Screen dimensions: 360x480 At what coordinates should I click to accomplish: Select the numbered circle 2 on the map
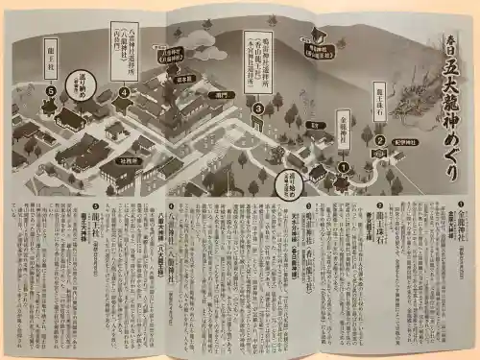pos(379,139)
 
